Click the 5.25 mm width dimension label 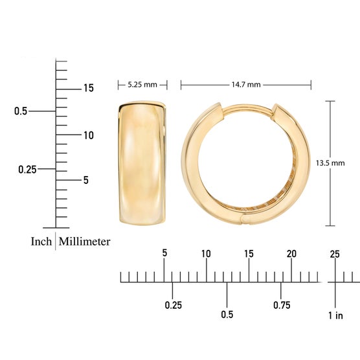click(x=142, y=85)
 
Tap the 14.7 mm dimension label click(x=246, y=85)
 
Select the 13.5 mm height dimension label click(x=330, y=163)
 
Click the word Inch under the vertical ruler click(x=41, y=242)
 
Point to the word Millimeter click(x=84, y=242)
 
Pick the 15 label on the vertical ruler click(x=89, y=88)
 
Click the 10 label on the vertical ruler click(x=89, y=135)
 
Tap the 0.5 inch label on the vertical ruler click(x=21, y=111)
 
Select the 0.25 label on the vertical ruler click(x=27, y=170)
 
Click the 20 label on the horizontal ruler click(x=291, y=254)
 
